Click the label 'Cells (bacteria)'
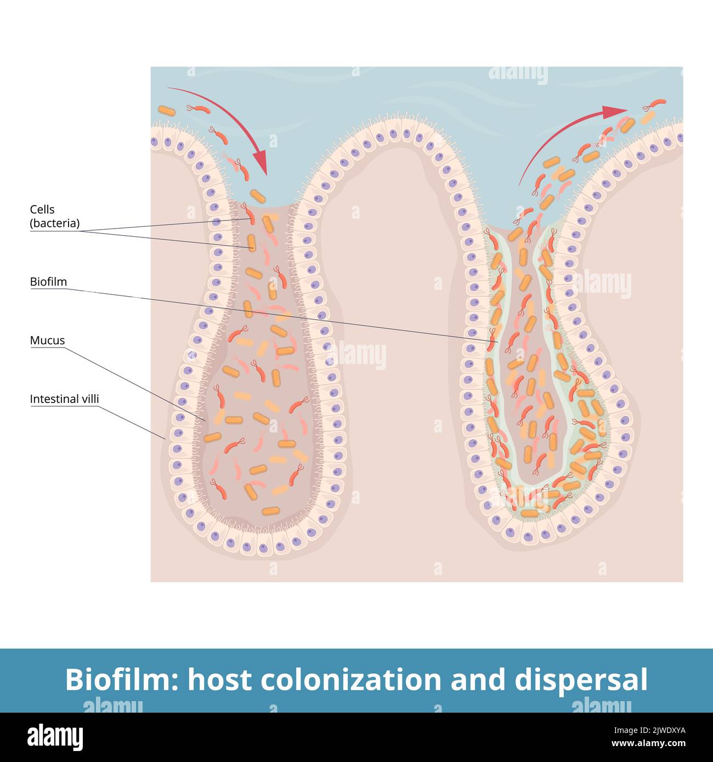[54, 216]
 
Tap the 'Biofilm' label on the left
[48, 282]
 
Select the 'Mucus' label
[47, 340]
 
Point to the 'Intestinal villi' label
[64, 399]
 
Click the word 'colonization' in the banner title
[351, 680]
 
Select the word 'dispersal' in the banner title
[581, 680]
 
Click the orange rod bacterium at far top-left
[167, 111]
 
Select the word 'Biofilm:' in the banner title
[122, 680]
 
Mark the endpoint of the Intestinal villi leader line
[165, 439]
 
